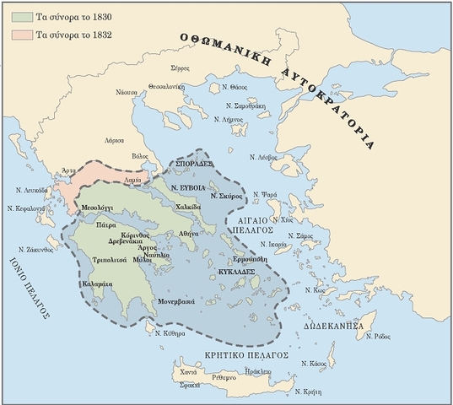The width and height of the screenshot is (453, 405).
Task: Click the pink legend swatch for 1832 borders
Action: coord(16,36)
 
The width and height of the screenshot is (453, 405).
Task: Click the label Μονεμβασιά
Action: coord(174,301)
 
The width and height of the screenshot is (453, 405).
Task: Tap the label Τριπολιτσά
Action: coord(111,261)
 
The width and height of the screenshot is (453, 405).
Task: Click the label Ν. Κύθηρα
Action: coord(169,334)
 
